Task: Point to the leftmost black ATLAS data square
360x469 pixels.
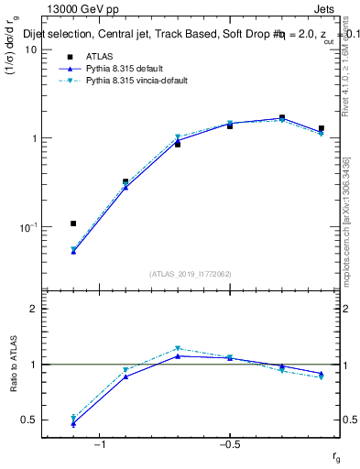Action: pyautogui.click(x=73, y=224)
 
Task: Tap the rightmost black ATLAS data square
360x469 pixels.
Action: pyautogui.click(x=321, y=129)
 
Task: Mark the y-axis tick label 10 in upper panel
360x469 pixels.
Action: pyautogui.click(x=30, y=49)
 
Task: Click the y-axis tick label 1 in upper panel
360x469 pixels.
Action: pyautogui.click(x=33, y=138)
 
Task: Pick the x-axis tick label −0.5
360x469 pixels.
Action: pyautogui.click(x=229, y=445)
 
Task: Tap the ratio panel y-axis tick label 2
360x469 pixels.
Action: pyautogui.click(x=33, y=310)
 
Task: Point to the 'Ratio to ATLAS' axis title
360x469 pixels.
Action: pyautogui.click(x=13, y=365)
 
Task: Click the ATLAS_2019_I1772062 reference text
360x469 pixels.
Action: pyautogui.click(x=191, y=273)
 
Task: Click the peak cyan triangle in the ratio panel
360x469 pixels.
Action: pyautogui.click(x=178, y=348)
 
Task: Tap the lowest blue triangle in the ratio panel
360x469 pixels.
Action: pyautogui.click(x=73, y=423)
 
